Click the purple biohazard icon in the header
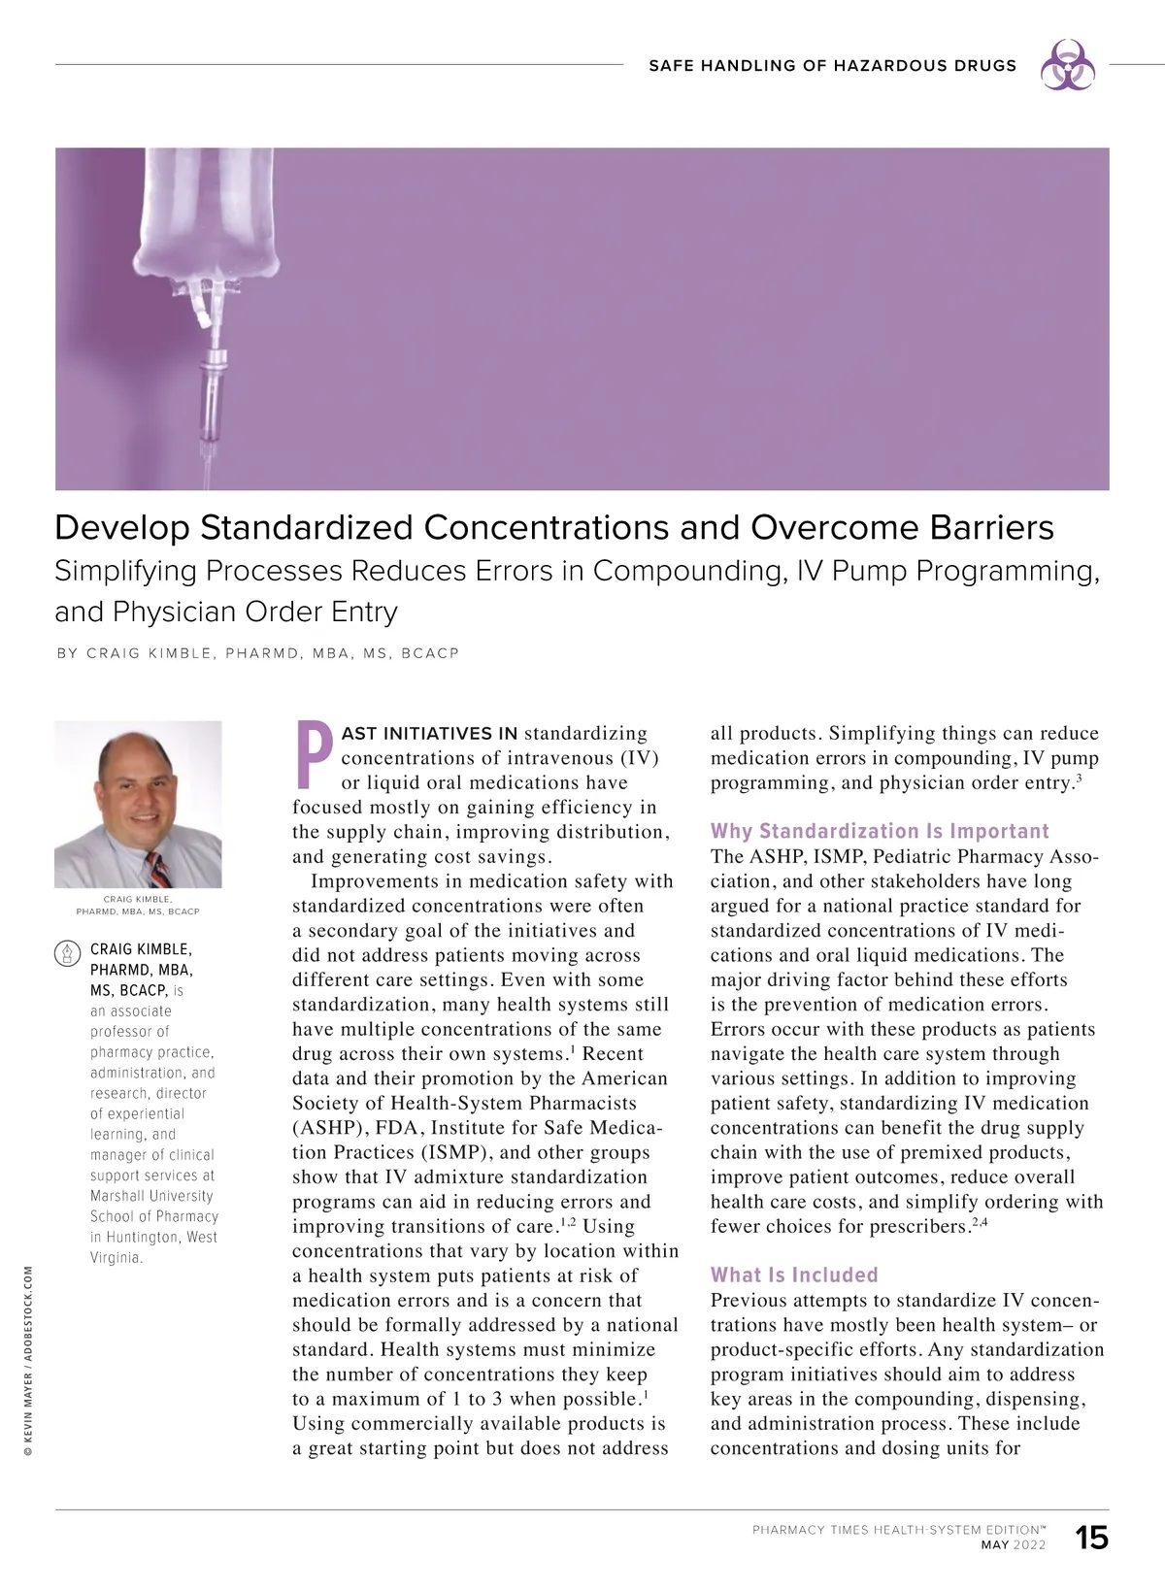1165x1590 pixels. [x=1067, y=65]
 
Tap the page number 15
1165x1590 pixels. [x=1092, y=1538]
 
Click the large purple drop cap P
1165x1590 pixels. [x=314, y=753]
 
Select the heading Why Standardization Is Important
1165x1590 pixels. [x=880, y=831]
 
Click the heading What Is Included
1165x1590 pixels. [x=793, y=1275]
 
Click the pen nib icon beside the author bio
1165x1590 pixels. [x=67, y=952]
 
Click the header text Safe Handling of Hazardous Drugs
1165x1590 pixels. [x=832, y=66]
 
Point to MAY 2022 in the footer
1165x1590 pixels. [x=1014, y=1545]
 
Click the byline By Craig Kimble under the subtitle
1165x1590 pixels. [x=257, y=653]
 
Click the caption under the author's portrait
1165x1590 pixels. [x=138, y=906]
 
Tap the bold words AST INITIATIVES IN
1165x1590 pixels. [x=429, y=734]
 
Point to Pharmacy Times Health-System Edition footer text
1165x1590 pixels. [x=898, y=1530]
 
